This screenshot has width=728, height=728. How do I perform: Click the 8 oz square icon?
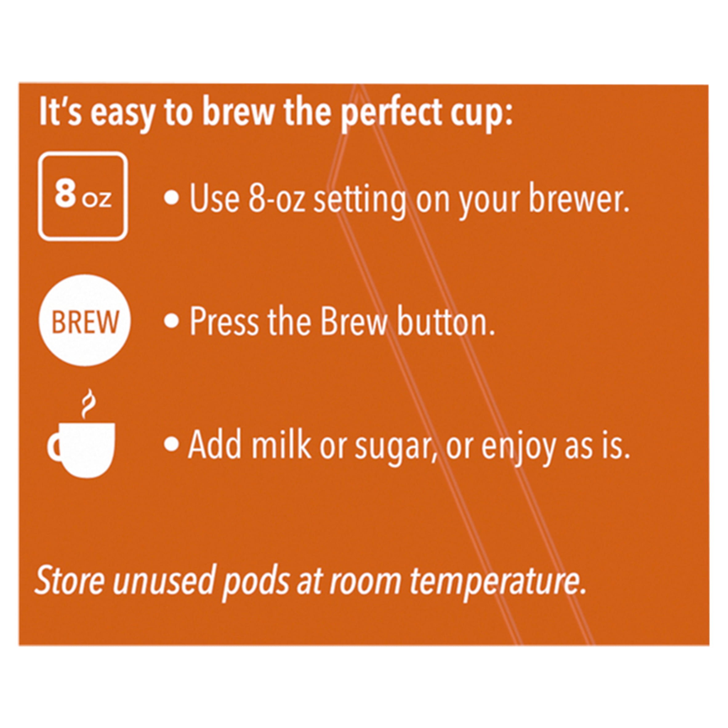click(x=83, y=196)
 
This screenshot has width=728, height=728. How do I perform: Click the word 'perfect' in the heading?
click(x=391, y=113)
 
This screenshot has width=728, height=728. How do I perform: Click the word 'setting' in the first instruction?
click(x=360, y=202)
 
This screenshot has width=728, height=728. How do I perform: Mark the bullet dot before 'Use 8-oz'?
click(x=171, y=198)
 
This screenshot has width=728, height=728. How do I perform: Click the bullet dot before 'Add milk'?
click(x=171, y=444)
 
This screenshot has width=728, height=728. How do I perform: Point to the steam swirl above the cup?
click(x=88, y=404)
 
